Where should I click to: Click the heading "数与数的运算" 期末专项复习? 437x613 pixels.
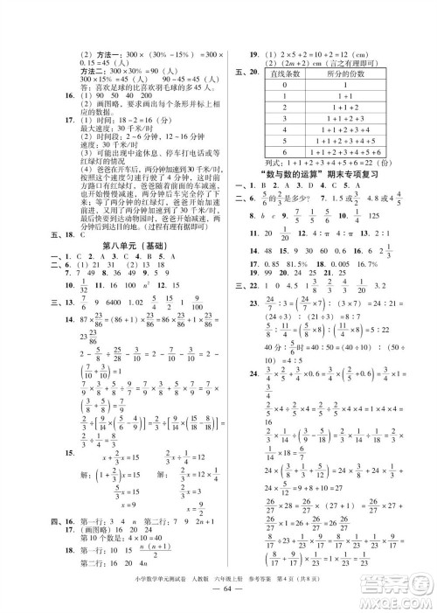coord(329,199)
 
